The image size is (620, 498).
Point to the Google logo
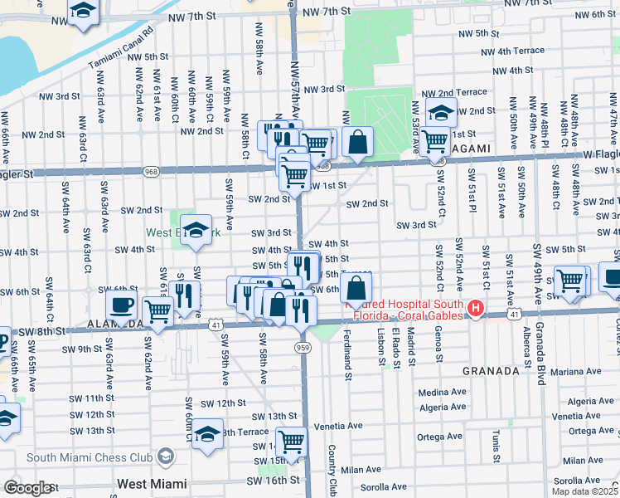click(x=28, y=488)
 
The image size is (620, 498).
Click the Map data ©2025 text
click(x=584, y=491)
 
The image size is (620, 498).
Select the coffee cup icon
click(x=121, y=304)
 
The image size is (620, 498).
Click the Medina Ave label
click(x=443, y=393)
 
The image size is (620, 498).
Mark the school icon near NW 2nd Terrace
click(x=442, y=112)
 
